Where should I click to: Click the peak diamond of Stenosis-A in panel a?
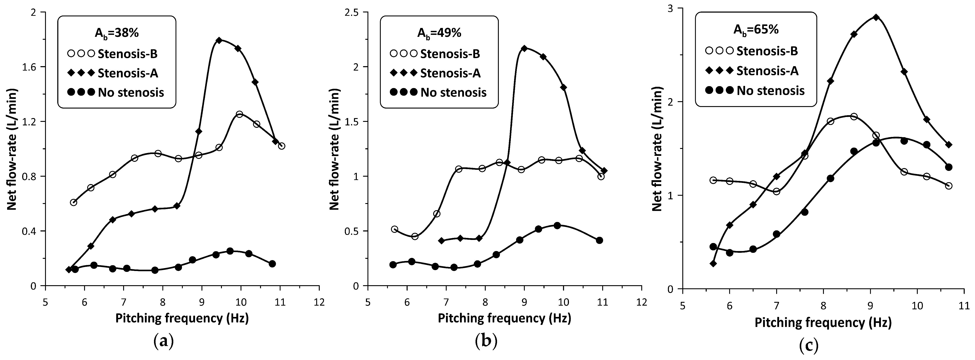point(219,40)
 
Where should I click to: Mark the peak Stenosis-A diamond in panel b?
point(524,48)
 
